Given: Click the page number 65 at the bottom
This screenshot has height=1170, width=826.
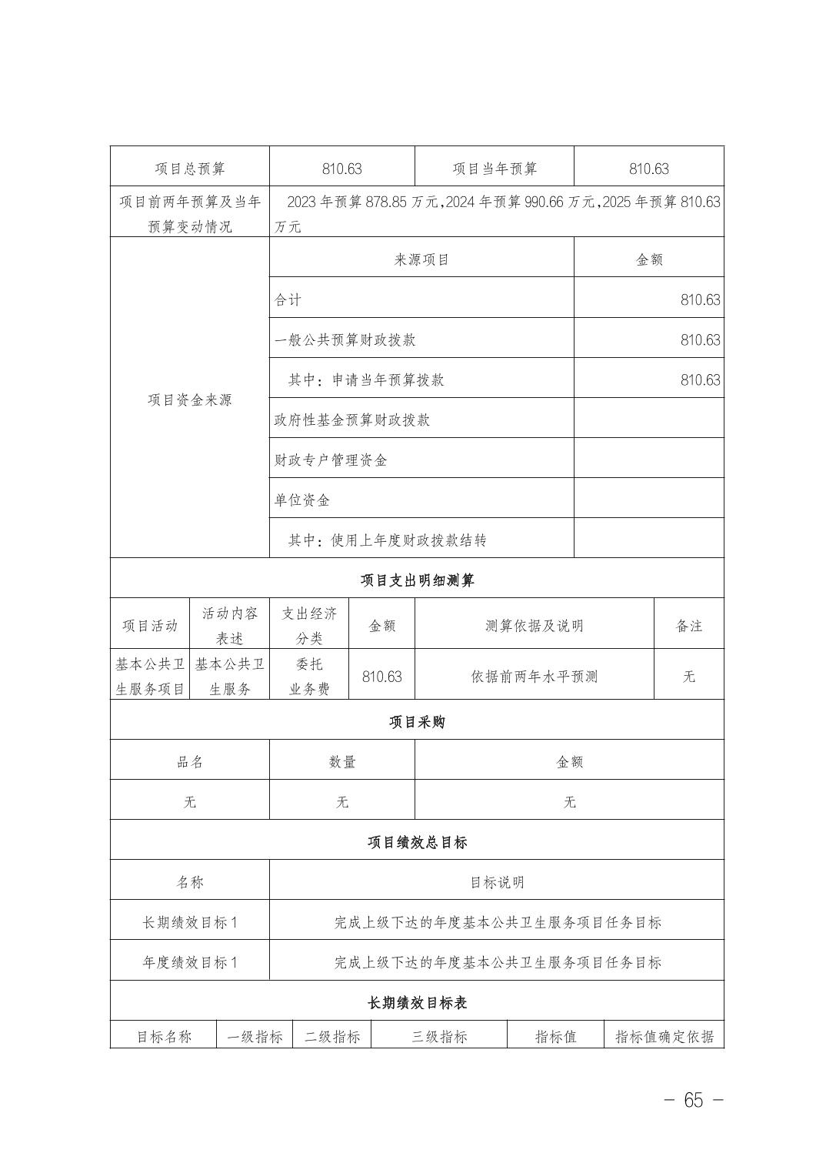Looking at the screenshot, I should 693,1100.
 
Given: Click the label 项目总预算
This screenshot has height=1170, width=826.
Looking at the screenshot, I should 190,169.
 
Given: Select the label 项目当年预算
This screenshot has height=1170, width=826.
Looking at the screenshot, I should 495,169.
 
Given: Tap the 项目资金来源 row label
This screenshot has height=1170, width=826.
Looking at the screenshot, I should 190,399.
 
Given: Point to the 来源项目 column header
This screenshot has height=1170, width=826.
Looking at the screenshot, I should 421,259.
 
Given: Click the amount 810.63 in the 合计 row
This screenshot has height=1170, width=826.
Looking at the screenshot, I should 700,299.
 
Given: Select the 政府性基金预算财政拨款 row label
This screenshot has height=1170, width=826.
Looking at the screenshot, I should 352,420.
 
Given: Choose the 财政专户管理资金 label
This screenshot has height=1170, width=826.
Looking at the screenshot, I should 331,460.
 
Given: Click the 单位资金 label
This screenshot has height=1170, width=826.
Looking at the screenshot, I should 302,500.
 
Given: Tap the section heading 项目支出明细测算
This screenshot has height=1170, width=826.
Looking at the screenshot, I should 417,580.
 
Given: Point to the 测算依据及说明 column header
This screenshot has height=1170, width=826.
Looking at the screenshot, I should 535,626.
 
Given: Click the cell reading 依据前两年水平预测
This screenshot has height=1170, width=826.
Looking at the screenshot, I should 535,677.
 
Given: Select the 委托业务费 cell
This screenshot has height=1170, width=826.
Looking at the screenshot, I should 309,677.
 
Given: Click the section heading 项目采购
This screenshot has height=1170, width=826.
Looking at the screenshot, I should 417,721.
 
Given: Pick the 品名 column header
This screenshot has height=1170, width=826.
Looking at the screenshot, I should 190,761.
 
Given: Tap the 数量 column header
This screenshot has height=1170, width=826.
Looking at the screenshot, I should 342,761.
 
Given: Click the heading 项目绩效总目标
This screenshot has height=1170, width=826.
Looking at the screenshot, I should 417,841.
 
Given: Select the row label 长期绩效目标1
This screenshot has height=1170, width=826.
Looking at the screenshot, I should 190,921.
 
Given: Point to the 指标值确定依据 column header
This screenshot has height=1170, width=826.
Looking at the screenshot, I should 664,1036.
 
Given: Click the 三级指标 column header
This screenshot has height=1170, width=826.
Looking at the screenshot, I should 439,1036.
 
